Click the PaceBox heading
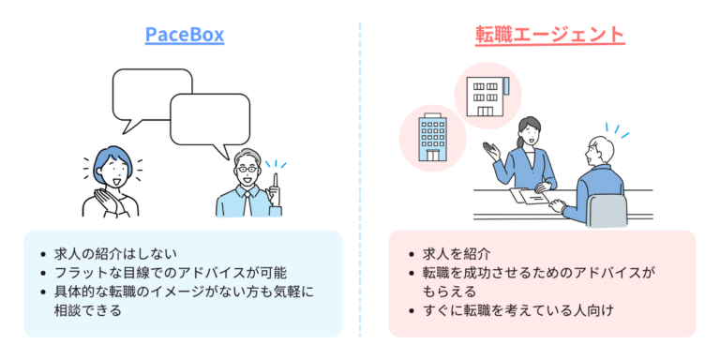pyautogui.click(x=184, y=36)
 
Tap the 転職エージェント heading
pyautogui.click(x=549, y=36)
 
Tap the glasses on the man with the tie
pyautogui.click(x=247, y=171)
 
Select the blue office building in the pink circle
pyautogui.click(x=433, y=137)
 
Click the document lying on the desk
pyautogui.click(x=531, y=196)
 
